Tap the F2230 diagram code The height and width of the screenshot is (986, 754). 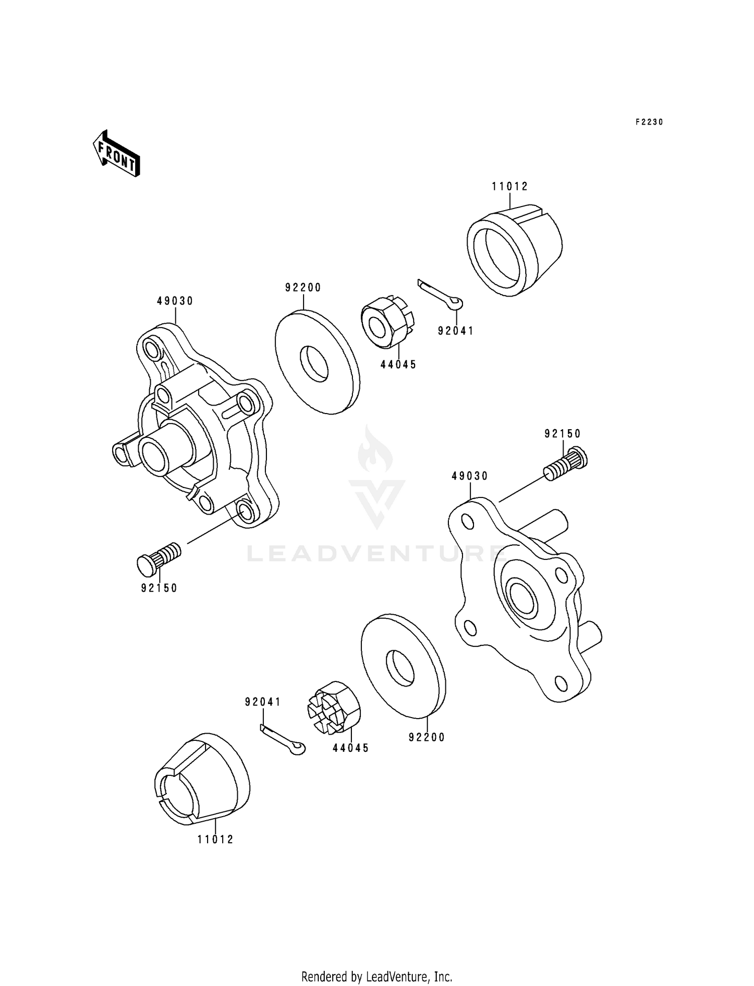649,122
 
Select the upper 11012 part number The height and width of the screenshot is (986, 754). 510,186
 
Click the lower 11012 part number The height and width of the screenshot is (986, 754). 215,839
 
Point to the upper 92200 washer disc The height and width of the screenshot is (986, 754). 318,362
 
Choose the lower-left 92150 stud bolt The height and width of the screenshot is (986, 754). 159,558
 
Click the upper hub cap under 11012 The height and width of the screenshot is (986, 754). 514,250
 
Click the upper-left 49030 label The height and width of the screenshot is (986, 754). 175,301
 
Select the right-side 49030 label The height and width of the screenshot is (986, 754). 470,475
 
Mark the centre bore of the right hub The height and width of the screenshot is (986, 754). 522,597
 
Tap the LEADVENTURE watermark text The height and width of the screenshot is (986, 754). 376,553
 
